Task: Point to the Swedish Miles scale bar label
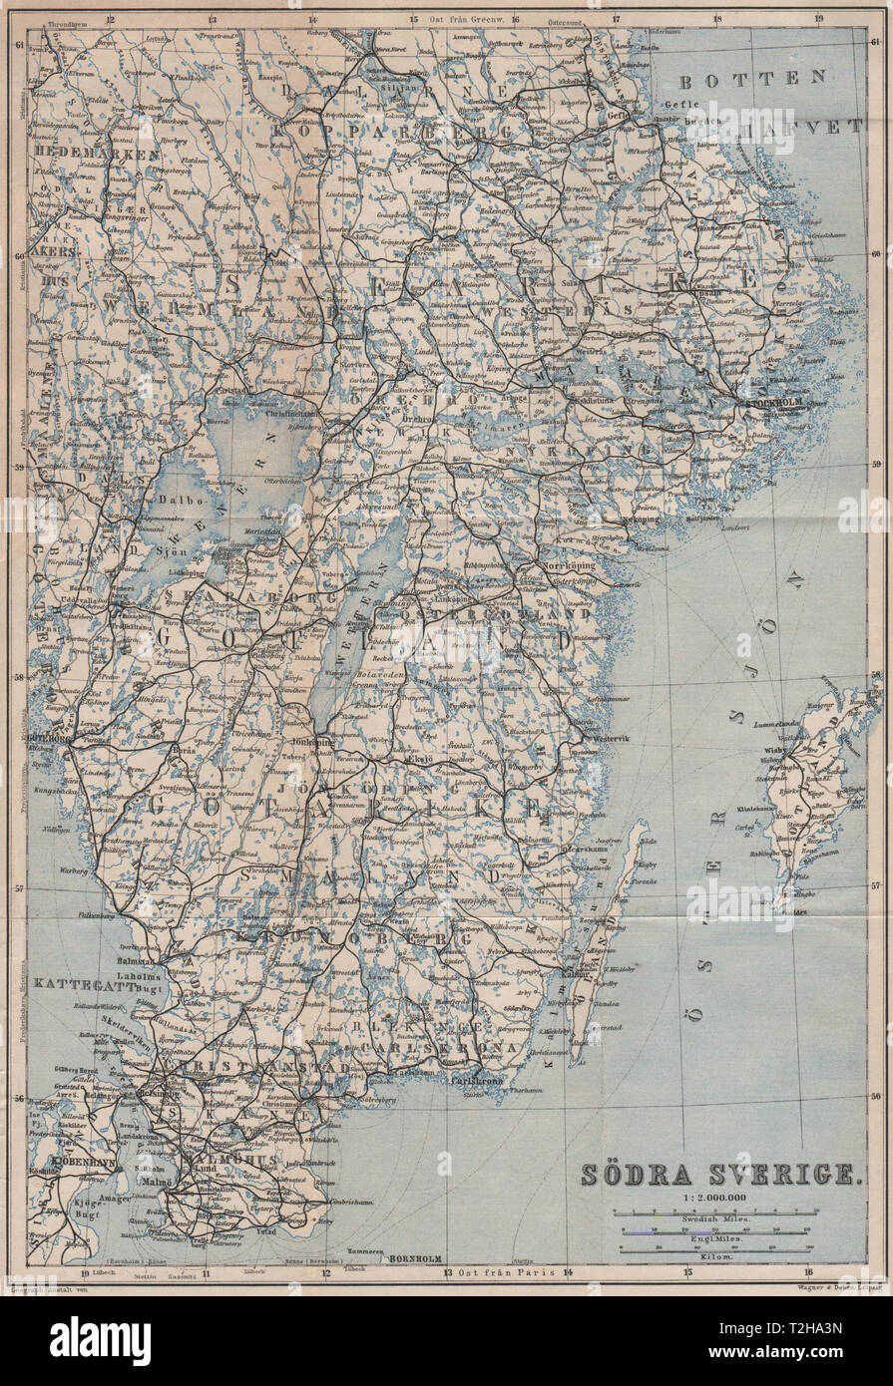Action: tap(714, 1219)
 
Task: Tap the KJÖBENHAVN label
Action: tap(62, 1164)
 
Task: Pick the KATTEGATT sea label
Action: tap(72, 983)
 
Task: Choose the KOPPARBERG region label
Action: tap(386, 131)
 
